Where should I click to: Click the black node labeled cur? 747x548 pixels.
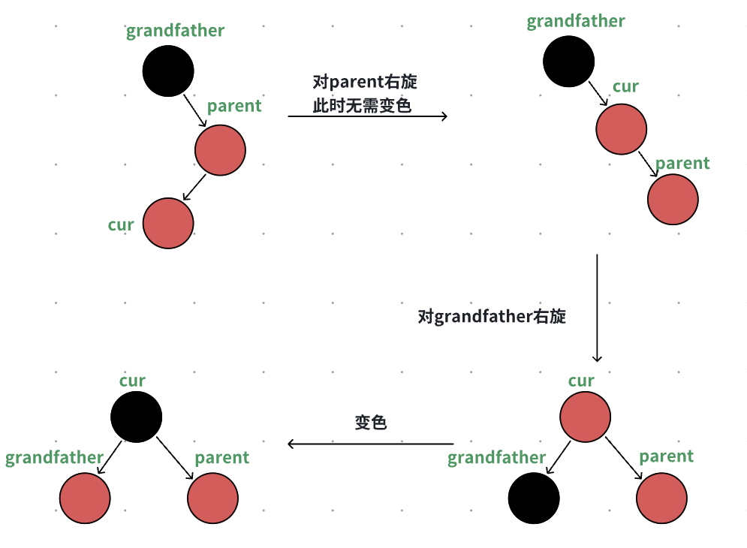[x=136, y=416]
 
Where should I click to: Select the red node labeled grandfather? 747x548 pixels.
[x=85, y=498]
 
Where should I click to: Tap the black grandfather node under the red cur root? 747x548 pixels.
[x=534, y=498]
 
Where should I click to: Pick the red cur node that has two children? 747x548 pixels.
[x=586, y=416]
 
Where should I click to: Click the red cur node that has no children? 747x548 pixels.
[x=168, y=224]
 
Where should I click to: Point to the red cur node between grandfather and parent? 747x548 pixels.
[x=622, y=129]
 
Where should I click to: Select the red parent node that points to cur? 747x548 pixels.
[x=220, y=150]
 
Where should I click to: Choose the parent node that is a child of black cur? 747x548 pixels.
[x=212, y=498]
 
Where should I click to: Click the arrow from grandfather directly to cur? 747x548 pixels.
[x=596, y=93]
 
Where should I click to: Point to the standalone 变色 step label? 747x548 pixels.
[x=371, y=422]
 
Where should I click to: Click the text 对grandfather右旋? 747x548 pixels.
[x=492, y=317]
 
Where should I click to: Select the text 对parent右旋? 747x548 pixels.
[x=364, y=82]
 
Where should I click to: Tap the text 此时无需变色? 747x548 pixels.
[x=363, y=105]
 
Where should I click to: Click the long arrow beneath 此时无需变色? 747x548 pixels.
[x=367, y=116]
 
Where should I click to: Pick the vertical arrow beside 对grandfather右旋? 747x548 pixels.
[x=597, y=308]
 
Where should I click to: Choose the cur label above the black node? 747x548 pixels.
[x=132, y=381]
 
